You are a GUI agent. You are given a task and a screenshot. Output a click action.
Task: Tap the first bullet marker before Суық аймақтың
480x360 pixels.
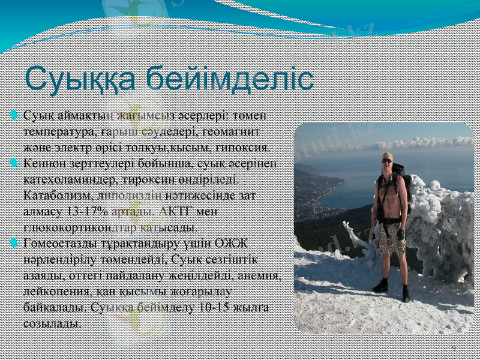coord(14,114)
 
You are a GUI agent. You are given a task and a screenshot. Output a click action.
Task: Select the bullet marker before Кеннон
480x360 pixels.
coord(14,162)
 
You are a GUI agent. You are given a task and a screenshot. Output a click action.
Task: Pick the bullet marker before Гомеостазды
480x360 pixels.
coord(14,242)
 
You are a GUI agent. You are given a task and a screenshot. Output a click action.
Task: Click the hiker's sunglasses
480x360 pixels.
coord(387,161)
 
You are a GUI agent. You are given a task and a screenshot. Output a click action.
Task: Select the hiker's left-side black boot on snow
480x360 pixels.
coord(380,286)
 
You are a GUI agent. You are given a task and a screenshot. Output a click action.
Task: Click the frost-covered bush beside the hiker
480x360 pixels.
coord(441,228)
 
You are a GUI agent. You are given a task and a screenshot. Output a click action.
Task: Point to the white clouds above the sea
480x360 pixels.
coord(420,143)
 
